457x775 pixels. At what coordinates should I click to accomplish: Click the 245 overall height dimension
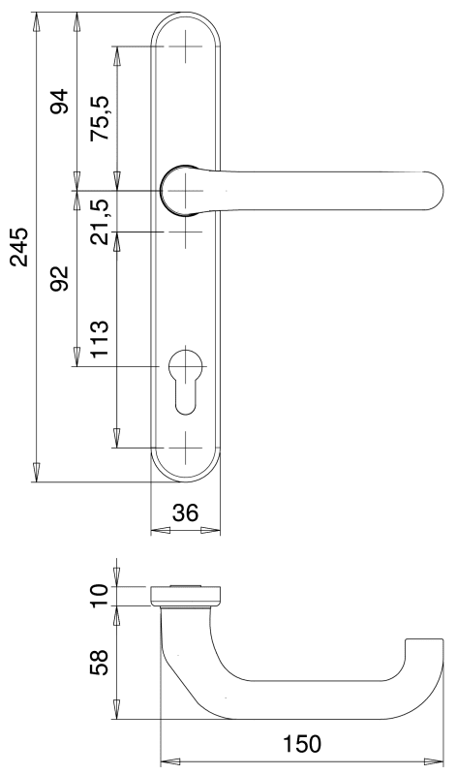pyautogui.click(x=19, y=247)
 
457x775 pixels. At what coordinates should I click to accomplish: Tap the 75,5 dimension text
pyautogui.click(x=100, y=117)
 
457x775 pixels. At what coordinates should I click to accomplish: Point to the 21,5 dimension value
pyautogui.click(x=100, y=222)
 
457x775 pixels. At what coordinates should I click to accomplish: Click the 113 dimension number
pyautogui.click(x=100, y=339)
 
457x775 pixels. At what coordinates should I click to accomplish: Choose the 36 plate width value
pyautogui.click(x=185, y=513)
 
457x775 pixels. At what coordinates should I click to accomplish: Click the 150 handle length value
pyautogui.click(x=302, y=743)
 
